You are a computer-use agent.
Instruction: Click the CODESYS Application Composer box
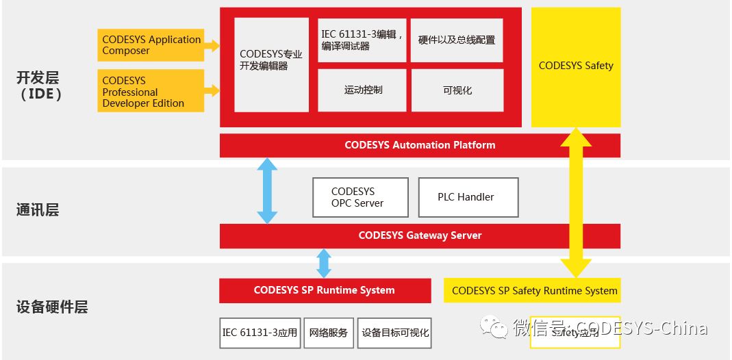[x=151, y=45]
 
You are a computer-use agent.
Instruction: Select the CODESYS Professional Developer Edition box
[x=151, y=91]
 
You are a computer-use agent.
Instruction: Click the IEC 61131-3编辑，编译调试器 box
[x=362, y=40]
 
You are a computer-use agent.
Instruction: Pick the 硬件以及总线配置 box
[x=457, y=40]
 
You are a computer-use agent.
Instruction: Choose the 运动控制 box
[x=362, y=90]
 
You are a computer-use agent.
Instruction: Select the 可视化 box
[x=457, y=90]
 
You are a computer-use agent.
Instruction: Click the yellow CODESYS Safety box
[x=576, y=66]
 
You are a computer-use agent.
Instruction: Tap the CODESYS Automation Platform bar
[x=420, y=145]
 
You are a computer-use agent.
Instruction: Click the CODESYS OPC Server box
[x=360, y=197]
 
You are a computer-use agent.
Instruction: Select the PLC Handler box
[x=468, y=197]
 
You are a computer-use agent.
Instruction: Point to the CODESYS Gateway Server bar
[x=420, y=235]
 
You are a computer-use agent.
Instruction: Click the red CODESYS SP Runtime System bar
[x=325, y=290]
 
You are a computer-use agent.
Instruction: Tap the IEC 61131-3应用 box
[x=260, y=333]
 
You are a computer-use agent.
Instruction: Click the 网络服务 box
[x=328, y=333]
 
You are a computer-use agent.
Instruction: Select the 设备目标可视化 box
[x=395, y=333]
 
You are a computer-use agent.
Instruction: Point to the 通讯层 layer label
[x=38, y=210]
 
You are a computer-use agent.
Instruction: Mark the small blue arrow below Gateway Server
[x=324, y=263]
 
